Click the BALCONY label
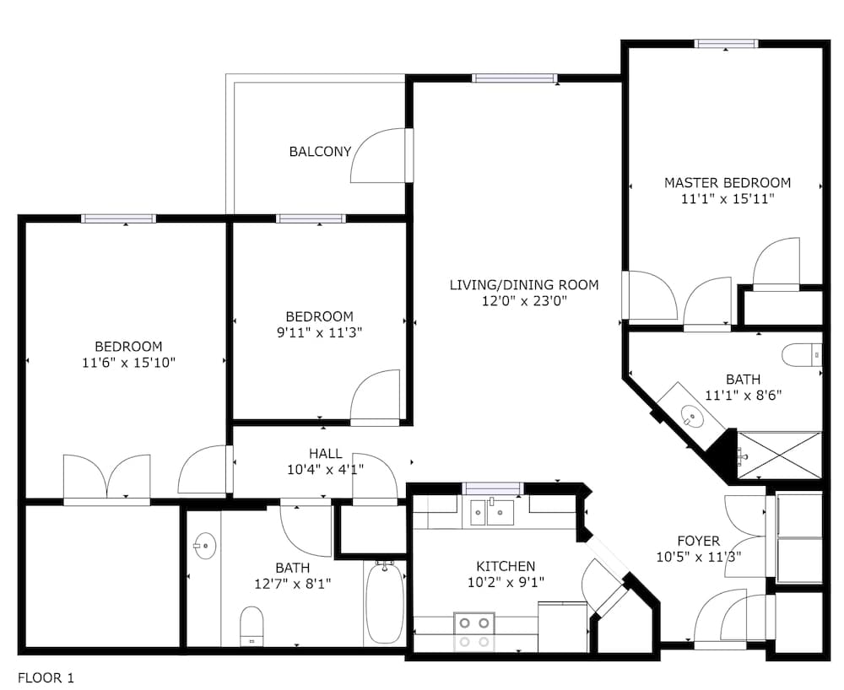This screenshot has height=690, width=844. [x=320, y=152]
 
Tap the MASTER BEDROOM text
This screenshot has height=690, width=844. [x=728, y=183]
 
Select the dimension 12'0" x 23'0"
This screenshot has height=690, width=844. [x=525, y=300]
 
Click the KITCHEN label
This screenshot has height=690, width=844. [x=506, y=566]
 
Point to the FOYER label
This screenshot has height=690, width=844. [x=699, y=541]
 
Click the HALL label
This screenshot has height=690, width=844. [x=326, y=453]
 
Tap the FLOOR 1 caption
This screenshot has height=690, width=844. [x=46, y=678]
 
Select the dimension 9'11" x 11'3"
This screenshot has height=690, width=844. [x=319, y=333]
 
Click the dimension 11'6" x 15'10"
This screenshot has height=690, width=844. [x=128, y=363]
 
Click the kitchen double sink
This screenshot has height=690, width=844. [x=492, y=512]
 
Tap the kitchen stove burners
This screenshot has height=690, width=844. [x=474, y=631]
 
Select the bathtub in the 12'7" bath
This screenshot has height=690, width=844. [x=385, y=601]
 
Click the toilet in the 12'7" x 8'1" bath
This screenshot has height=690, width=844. [x=252, y=626]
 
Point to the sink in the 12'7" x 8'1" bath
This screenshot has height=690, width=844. [x=204, y=546]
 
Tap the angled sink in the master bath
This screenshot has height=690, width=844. [x=692, y=416]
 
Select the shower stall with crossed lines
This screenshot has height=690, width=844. [x=779, y=455]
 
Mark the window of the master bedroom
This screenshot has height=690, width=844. [x=726, y=44]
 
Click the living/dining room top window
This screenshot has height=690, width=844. [x=514, y=78]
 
